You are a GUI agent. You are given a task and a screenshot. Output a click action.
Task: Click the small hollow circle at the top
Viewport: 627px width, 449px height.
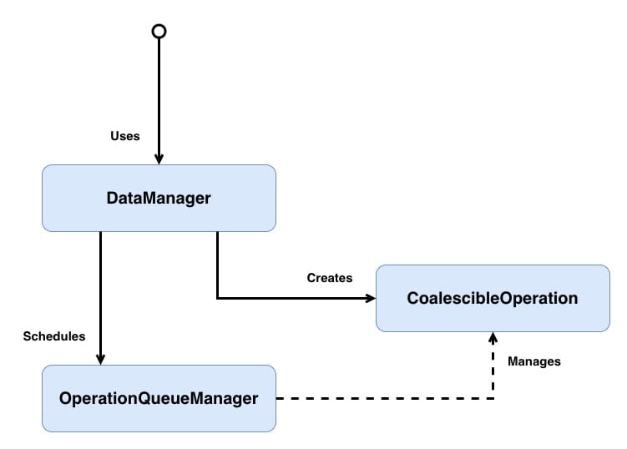click(x=159, y=31)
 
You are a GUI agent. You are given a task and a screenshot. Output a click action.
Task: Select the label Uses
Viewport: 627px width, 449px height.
click(x=125, y=135)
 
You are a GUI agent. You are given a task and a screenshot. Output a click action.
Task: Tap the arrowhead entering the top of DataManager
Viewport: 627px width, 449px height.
click(x=159, y=159)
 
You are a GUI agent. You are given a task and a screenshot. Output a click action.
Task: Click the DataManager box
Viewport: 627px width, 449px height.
click(x=159, y=198)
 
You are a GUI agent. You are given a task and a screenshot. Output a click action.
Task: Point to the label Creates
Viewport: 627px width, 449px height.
click(x=330, y=277)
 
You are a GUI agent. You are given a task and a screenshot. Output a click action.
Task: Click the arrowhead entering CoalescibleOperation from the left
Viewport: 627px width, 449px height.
click(x=370, y=298)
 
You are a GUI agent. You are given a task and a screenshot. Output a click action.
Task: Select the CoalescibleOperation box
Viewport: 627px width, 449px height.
click(x=493, y=298)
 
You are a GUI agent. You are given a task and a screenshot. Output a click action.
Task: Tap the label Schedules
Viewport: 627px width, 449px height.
click(x=54, y=336)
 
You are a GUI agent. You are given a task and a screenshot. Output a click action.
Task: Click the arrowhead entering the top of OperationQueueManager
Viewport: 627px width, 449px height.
click(x=100, y=359)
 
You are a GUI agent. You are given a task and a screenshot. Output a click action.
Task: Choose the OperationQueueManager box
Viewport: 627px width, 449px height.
click(x=159, y=398)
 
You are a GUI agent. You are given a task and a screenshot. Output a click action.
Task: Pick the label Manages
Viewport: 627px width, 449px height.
click(x=533, y=361)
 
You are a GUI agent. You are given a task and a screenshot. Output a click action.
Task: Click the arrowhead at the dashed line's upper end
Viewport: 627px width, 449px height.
click(x=493, y=337)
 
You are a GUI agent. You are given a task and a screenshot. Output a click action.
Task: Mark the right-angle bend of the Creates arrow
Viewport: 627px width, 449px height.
click(x=217, y=298)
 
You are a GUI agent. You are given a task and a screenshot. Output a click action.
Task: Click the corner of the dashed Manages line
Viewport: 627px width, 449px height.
click(x=493, y=398)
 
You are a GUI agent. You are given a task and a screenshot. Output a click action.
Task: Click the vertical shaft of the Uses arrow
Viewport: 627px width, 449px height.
click(x=159, y=92)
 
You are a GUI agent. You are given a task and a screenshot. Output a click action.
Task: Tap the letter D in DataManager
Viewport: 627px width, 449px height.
click(x=112, y=198)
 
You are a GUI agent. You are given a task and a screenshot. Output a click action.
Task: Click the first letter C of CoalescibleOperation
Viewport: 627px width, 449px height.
click(x=412, y=298)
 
